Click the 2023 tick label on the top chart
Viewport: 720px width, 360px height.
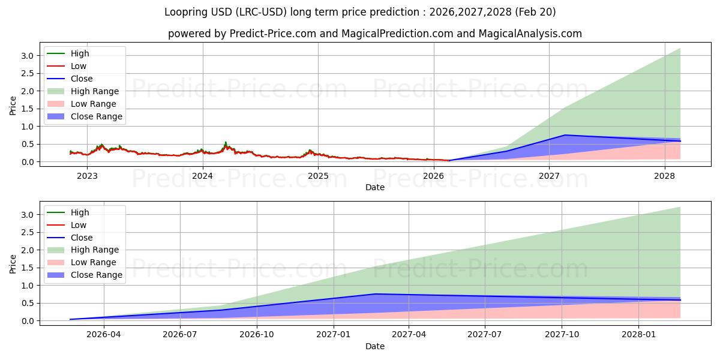click(87, 176)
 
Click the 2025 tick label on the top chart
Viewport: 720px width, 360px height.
click(318, 176)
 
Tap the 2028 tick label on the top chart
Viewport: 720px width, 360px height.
click(664, 176)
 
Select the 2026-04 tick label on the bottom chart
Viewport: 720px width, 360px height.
click(104, 335)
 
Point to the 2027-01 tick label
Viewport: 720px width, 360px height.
click(333, 335)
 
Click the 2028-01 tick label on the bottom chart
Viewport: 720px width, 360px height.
click(639, 335)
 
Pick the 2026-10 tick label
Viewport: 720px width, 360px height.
click(257, 335)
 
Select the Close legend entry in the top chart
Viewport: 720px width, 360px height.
click(82, 79)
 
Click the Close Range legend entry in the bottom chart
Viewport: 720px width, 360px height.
click(97, 275)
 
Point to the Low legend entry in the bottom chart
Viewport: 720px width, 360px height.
click(79, 225)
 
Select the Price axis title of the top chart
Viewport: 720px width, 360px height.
click(13, 105)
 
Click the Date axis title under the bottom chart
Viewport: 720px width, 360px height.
click(375, 346)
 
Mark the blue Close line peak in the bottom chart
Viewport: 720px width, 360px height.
click(375, 294)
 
